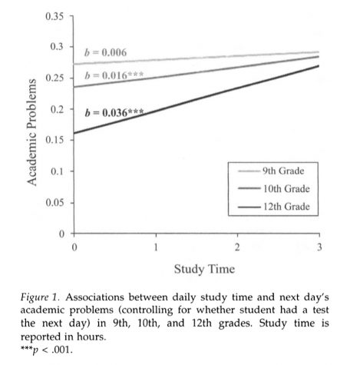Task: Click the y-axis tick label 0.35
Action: (54, 16)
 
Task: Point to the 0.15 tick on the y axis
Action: (54, 140)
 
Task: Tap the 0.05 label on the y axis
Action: (54, 203)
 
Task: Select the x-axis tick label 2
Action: (237, 247)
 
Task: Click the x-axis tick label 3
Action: (319, 247)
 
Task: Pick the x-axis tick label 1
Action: (156, 247)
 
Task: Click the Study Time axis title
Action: (204, 269)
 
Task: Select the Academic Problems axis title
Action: (31, 132)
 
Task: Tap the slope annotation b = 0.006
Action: (105, 52)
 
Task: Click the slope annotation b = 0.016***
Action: (114, 75)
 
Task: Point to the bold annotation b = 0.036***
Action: (114, 113)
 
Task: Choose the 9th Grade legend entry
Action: (271, 171)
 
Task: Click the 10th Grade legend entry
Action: (274, 189)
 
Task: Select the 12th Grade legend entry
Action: (274, 207)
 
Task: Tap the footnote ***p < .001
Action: (47, 350)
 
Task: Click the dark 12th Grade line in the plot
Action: (197, 99)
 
